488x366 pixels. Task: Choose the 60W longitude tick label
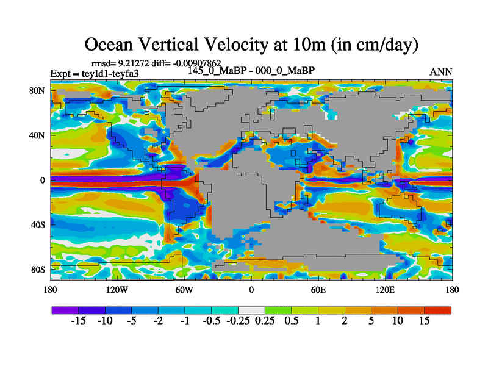(184, 290)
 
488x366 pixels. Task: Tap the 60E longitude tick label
(318, 290)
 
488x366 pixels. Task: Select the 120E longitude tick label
(385, 290)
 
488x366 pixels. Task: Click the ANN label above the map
(441, 72)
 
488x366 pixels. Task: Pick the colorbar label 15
(424, 321)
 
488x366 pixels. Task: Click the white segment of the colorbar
(251, 310)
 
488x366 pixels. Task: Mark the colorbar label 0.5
(291, 321)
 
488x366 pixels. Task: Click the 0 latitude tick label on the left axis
(43, 180)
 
